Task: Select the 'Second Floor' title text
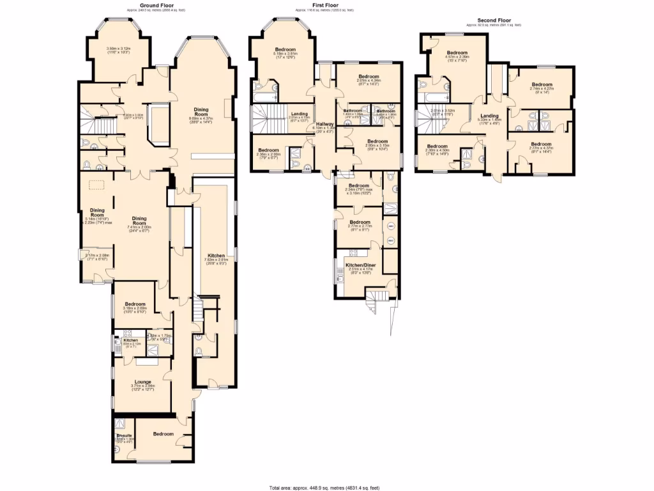click(x=493, y=19)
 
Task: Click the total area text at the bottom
click(x=326, y=487)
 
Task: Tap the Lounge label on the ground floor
click(x=143, y=382)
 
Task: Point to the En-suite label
click(x=124, y=435)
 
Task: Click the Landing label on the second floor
click(x=489, y=115)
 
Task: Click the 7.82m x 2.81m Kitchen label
click(x=215, y=256)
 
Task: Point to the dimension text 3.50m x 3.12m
click(x=118, y=48)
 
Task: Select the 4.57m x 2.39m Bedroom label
click(x=457, y=54)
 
